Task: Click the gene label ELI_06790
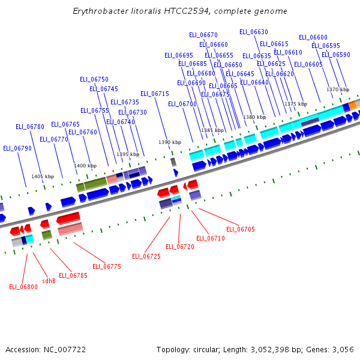(x=17, y=148)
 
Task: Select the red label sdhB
(x=49, y=280)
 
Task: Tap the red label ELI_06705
(x=241, y=229)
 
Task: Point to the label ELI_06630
(x=254, y=32)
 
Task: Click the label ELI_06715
(x=155, y=94)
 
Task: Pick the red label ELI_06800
(x=23, y=287)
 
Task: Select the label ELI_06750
(x=94, y=79)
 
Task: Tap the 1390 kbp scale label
(x=170, y=142)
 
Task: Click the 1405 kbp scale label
(x=43, y=176)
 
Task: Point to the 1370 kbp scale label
(x=338, y=89)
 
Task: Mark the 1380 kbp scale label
(x=254, y=117)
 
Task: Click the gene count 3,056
(x=343, y=349)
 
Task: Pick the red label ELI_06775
(x=107, y=266)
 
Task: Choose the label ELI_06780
(x=30, y=127)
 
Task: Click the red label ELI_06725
(x=146, y=256)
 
